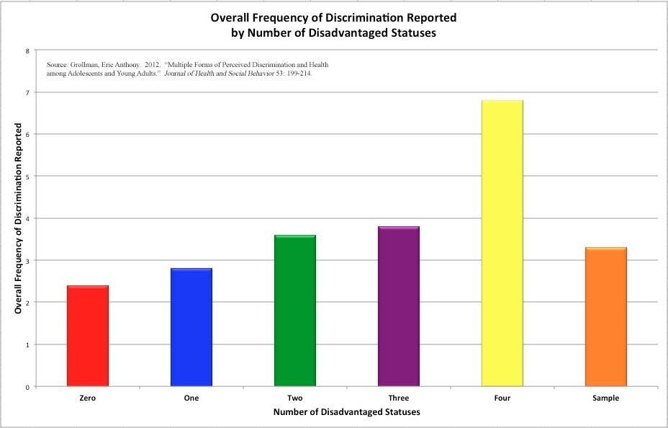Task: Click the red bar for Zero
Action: (88, 336)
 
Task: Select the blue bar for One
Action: (191, 327)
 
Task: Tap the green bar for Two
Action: (295, 311)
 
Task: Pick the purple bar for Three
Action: (399, 306)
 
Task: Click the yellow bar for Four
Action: (502, 244)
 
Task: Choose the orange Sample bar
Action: (606, 317)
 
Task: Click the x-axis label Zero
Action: (88, 398)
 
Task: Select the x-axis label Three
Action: (399, 398)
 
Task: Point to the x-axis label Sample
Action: (606, 398)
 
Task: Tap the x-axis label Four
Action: (502, 398)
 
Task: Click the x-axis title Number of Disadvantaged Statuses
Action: (347, 413)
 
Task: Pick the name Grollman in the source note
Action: (90, 65)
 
